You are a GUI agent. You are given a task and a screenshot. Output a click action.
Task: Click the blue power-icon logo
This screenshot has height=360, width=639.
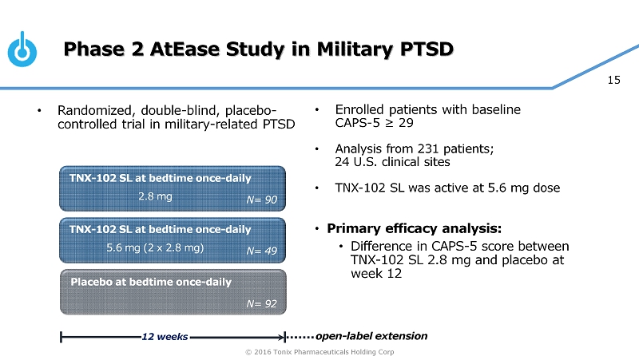(23, 49)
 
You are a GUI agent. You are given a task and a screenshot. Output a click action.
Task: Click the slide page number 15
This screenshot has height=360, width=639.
(614, 80)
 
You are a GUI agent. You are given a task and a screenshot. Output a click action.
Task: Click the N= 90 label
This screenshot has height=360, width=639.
(260, 200)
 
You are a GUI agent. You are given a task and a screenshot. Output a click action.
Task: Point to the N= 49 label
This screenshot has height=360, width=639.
(260, 251)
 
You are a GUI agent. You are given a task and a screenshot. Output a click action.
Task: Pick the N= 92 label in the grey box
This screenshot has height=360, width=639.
(260, 303)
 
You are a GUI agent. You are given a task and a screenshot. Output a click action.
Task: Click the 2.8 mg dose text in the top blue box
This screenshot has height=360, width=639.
(155, 195)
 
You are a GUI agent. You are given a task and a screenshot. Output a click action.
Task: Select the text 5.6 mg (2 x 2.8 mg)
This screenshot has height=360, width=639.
(155, 247)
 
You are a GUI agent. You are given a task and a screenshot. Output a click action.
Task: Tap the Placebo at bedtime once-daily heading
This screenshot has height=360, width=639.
(151, 282)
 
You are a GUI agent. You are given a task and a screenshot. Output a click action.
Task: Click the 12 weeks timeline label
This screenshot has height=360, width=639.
(165, 336)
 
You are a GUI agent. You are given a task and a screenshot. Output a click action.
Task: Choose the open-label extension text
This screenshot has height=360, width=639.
(371, 335)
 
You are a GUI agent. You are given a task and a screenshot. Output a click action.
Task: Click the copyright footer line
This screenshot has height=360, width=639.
(319, 352)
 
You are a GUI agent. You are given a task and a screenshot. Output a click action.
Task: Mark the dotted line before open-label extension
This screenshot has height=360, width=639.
(300, 336)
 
